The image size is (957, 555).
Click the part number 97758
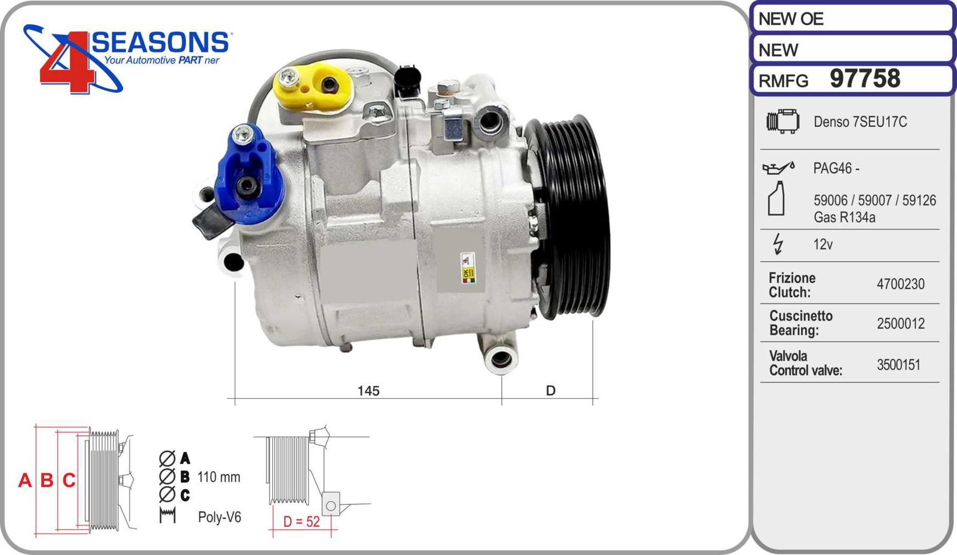coord(865,78)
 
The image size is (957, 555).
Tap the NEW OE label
coord(791,19)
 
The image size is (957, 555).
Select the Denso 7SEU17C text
coord(860,122)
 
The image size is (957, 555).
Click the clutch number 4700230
coord(901,284)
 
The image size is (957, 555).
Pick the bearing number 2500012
coord(901,324)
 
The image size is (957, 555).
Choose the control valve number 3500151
coord(898,365)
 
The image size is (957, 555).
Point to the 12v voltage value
coord(823,244)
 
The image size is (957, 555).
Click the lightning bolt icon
coord(778,244)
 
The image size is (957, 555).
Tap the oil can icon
coord(778,168)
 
